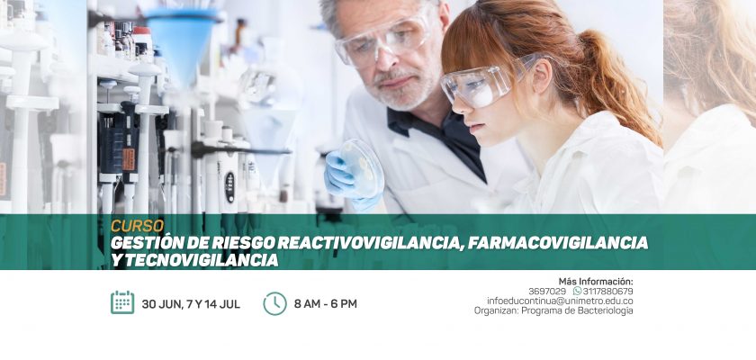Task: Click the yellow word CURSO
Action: coord(138,226)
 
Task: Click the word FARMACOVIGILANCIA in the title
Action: coord(557,243)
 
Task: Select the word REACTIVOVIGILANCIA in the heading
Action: coord(370,243)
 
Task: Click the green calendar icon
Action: coord(122,302)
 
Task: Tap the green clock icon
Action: coord(274,303)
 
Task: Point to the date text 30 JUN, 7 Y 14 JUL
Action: coord(191,304)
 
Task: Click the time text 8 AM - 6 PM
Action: coord(326,304)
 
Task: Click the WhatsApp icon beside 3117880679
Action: coord(577,291)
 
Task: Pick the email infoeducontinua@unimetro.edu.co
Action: coord(560,301)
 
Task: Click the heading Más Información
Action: coord(596,281)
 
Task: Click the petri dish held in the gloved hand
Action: coord(362,167)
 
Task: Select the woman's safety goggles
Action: coord(487,82)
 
